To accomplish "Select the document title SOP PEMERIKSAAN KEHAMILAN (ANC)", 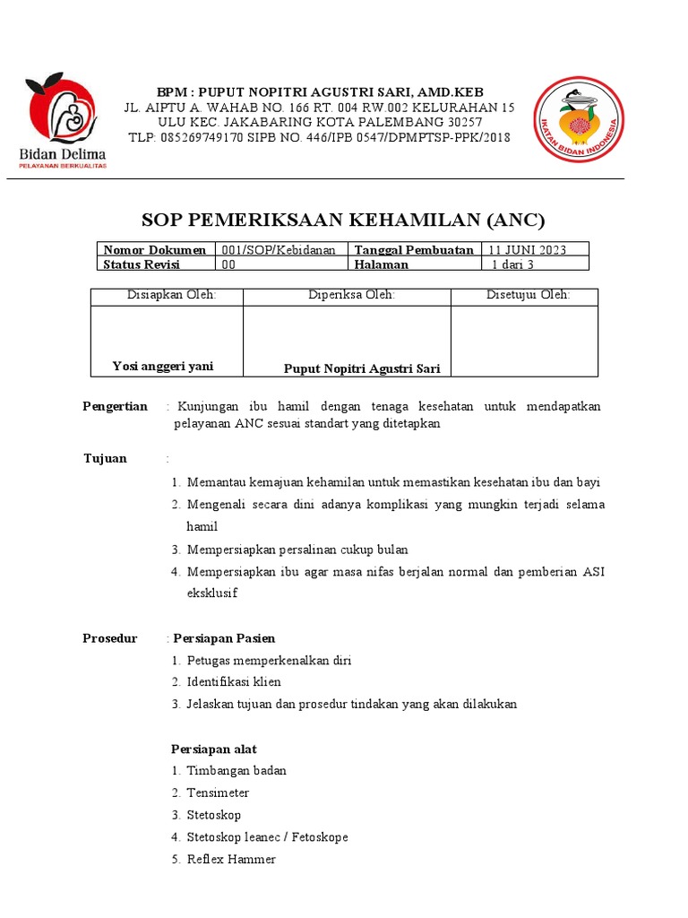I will [x=343, y=221].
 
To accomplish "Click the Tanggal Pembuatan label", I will [x=414, y=250].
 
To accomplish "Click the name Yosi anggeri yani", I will [x=163, y=366].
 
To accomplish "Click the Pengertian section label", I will [x=115, y=406].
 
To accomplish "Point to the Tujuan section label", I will [x=105, y=458].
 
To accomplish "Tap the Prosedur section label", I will [x=109, y=638].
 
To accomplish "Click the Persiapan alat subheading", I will [x=214, y=749].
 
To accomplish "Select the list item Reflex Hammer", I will [x=231, y=859].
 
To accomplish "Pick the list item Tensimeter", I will [x=218, y=792].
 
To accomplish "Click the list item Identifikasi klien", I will [x=233, y=682].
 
